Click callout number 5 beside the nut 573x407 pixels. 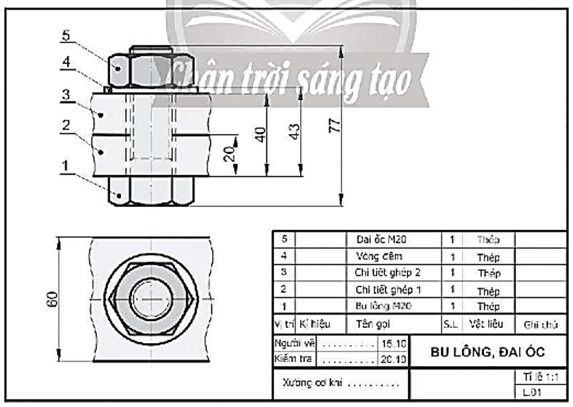pyautogui.click(x=65, y=35)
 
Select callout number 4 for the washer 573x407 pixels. pyautogui.click(x=65, y=63)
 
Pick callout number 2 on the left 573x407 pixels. pyautogui.click(x=65, y=125)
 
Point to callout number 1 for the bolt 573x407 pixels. pyautogui.click(x=65, y=165)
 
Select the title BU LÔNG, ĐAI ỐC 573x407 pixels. pyautogui.click(x=488, y=351)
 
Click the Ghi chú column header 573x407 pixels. pyautogui.click(x=541, y=325)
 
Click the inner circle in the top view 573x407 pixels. pyautogui.click(x=153, y=298)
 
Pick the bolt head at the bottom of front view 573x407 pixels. pyautogui.click(x=153, y=191)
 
